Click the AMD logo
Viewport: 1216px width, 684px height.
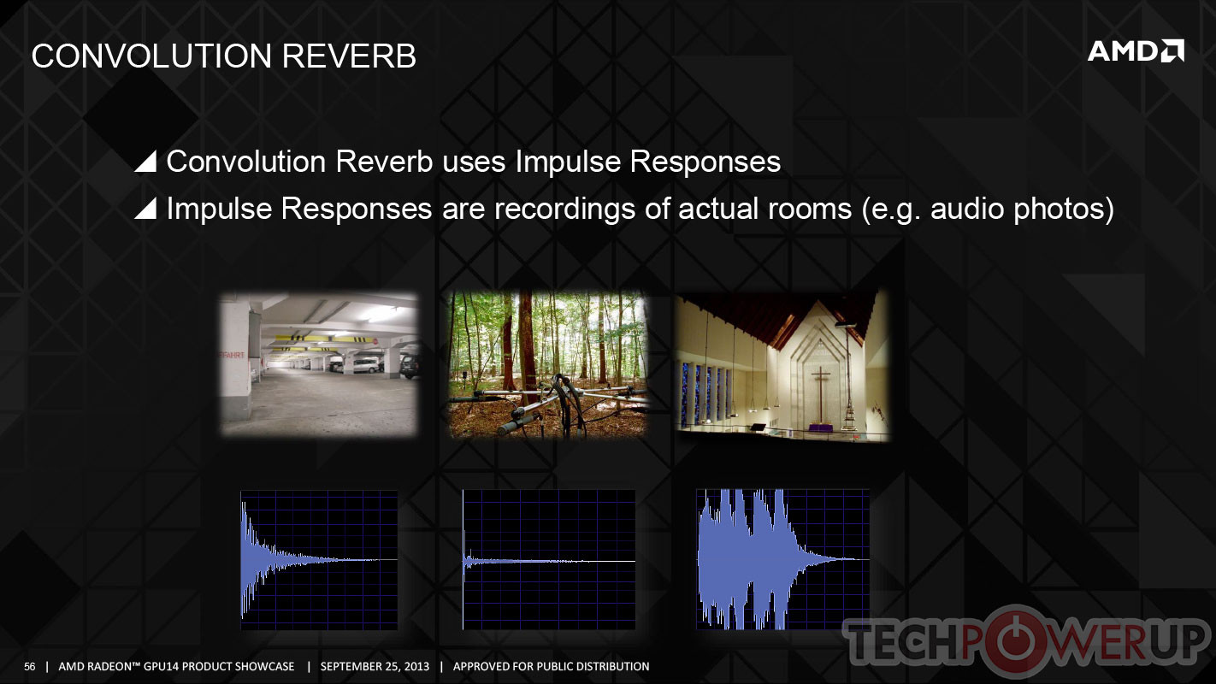1136,51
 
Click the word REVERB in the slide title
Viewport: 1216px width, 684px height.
349,56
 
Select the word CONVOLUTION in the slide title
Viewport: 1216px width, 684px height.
151,56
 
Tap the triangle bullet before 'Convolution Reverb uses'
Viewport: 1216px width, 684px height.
145,162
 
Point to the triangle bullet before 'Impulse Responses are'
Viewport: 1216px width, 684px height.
145,209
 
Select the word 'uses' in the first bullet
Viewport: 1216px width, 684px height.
474,162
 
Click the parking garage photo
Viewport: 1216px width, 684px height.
319,364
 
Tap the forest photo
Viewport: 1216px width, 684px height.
547,364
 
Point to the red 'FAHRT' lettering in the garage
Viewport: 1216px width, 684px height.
232,355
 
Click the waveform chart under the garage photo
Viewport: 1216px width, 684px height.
319,560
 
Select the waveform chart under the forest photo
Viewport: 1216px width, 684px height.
549,560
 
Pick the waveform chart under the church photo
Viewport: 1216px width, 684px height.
782,560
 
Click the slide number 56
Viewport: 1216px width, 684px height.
29,667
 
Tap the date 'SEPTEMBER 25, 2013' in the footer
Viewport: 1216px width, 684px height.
375,667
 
